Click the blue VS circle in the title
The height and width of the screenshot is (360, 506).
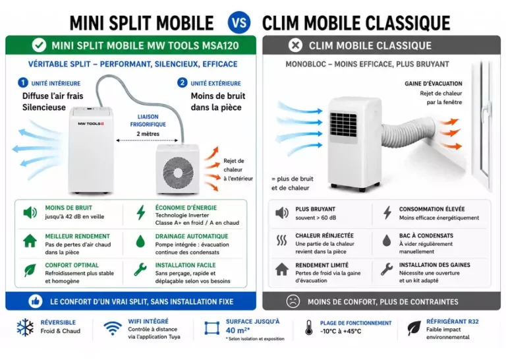click(239, 22)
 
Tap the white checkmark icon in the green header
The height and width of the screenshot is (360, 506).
click(39, 45)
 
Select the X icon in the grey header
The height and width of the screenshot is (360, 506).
click(295, 45)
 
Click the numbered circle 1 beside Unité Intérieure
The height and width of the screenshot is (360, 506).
click(23, 82)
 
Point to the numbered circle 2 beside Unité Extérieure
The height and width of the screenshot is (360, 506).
click(183, 82)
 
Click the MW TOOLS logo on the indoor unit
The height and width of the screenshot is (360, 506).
click(91, 124)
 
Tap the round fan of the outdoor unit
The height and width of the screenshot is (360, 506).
click(178, 171)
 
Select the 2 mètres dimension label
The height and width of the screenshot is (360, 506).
click(148, 134)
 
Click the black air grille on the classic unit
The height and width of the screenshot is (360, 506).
click(343, 125)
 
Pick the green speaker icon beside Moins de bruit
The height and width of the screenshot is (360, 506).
click(30, 213)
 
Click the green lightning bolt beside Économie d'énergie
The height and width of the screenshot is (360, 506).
click(141, 212)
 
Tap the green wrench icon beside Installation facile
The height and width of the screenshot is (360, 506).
click(140, 270)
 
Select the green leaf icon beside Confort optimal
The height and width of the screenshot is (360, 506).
click(30, 270)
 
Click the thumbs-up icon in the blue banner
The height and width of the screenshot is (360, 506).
click(36, 301)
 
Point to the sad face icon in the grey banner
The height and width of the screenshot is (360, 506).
click(293, 301)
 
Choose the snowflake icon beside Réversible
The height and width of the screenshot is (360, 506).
click(25, 328)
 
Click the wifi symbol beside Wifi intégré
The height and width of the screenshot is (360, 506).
click(113, 328)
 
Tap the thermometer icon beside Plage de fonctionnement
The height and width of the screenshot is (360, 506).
click(309, 328)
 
